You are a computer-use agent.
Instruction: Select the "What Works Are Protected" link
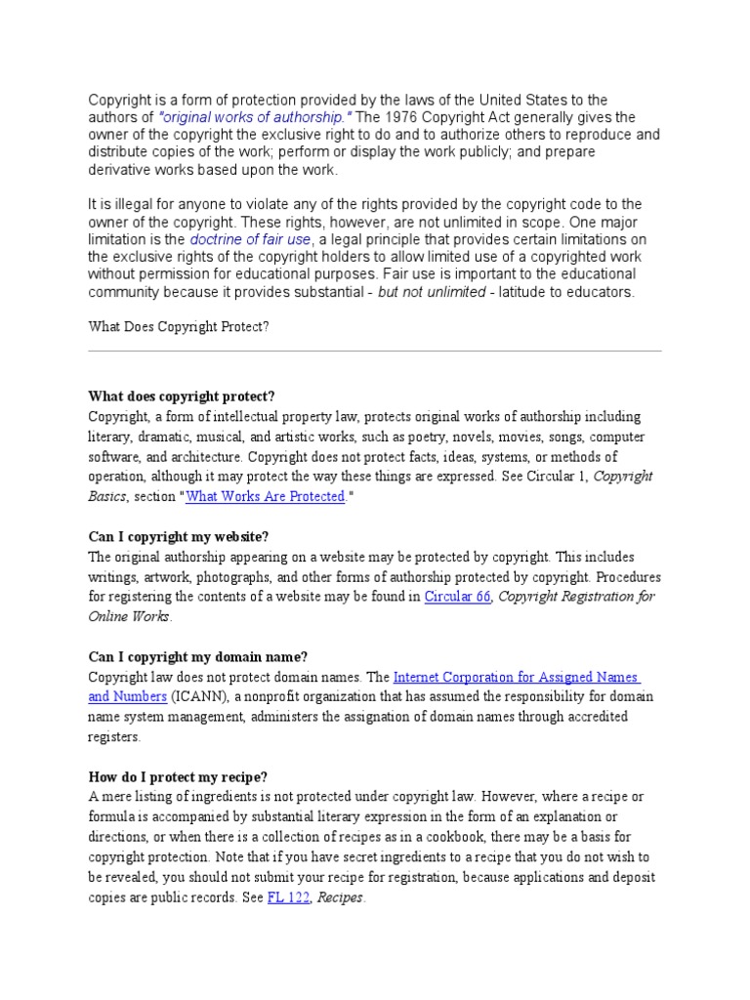[x=266, y=496]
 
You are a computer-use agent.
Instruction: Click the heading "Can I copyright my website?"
[x=178, y=537]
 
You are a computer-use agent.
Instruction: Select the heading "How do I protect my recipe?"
[x=177, y=777]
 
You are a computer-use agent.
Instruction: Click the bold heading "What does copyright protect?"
[x=182, y=396]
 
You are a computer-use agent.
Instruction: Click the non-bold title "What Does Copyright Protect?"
[x=178, y=327]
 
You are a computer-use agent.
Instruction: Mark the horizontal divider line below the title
[x=375, y=351]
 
